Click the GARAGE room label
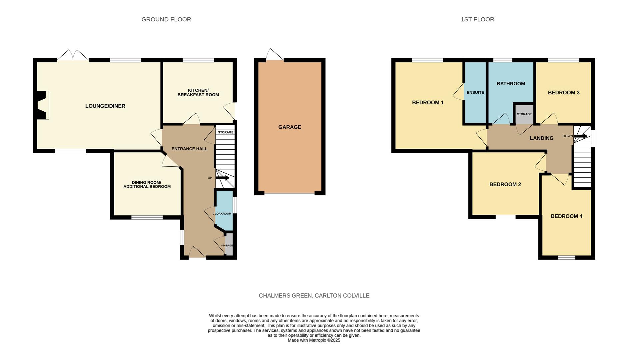pos(290,127)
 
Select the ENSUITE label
pos(475,92)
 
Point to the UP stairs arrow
pos(223,178)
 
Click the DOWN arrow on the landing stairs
pos(580,136)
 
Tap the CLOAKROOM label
pos(222,214)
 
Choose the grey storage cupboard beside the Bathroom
pos(524,114)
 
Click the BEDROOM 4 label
pos(566,216)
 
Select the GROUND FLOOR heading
pos(166,19)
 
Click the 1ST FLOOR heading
pos(477,19)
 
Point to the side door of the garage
pos(275,55)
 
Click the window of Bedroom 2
pos(505,217)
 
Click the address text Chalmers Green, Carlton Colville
pos(314,296)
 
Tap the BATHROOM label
pos(511,84)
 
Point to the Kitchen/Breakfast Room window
pos(198,60)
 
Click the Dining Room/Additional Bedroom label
pos(147,184)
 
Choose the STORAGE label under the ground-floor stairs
pos(226,132)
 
